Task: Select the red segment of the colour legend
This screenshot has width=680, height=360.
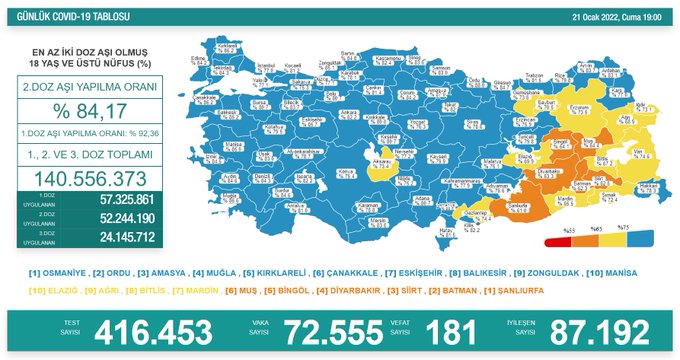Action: [x=556, y=241]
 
